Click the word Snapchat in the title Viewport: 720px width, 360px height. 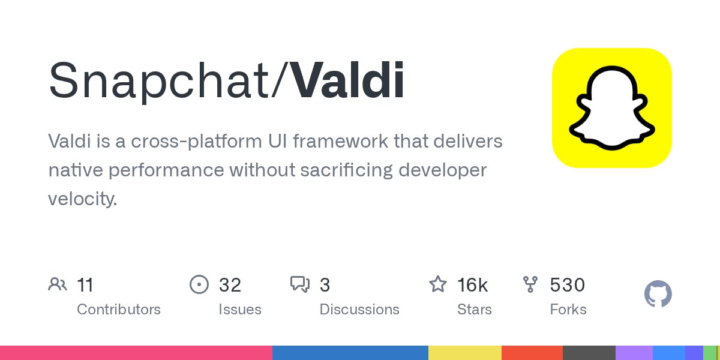160,80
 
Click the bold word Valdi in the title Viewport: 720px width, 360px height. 348,80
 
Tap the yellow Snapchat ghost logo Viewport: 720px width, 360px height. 611,108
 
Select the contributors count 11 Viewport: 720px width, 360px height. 85,284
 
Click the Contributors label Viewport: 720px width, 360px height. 119,310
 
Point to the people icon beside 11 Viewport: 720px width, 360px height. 58,284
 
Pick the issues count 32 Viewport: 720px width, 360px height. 230,284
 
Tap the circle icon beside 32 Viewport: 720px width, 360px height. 199,284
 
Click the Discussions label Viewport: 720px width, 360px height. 359,310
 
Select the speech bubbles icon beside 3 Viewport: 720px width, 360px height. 300,284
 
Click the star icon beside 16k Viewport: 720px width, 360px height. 438,284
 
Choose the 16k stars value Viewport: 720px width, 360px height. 472,284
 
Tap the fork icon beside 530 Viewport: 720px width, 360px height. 530,284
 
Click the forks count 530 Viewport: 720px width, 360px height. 567,284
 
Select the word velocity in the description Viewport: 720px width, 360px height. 82,199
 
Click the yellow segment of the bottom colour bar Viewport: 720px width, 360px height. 465,353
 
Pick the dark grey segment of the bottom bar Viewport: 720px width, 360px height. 589,353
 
